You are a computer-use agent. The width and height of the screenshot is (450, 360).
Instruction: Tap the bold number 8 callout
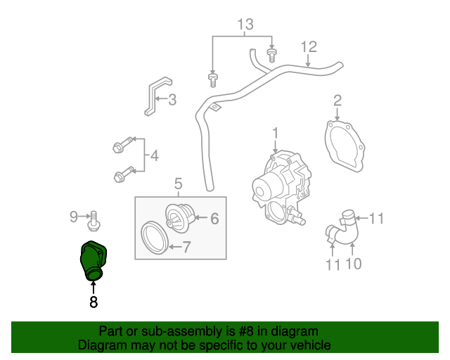(93, 302)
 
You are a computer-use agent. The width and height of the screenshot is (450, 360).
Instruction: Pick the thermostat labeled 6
(175, 214)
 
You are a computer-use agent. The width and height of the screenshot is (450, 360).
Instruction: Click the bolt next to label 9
(93, 219)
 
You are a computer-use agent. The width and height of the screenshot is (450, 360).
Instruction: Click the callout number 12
(309, 48)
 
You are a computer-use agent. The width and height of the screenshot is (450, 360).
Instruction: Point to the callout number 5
(178, 184)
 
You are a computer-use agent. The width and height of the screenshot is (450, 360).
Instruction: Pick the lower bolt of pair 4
(120, 175)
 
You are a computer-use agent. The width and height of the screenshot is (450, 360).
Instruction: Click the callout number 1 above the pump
(276, 132)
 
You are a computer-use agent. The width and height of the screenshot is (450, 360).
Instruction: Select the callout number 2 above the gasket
(337, 100)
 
